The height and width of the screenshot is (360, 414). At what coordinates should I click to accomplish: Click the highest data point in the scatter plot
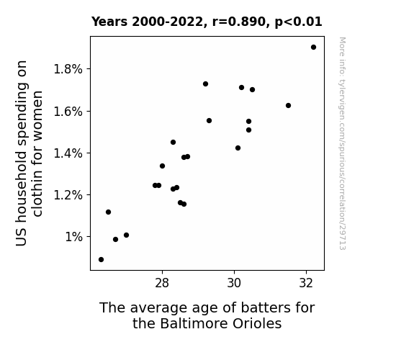click(313, 48)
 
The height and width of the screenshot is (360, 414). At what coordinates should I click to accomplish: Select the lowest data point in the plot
click(101, 260)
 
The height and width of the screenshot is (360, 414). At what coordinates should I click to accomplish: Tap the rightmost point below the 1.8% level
click(288, 105)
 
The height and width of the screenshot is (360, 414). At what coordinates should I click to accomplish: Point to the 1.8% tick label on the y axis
click(68, 69)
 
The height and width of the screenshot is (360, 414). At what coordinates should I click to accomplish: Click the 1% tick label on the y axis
click(74, 237)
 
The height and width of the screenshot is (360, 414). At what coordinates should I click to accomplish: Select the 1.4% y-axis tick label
click(68, 153)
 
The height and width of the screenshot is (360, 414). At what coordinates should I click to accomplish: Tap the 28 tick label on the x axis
click(162, 283)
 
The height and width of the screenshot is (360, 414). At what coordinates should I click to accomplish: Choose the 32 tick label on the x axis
click(306, 283)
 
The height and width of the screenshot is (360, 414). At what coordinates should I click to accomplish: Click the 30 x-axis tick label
click(234, 283)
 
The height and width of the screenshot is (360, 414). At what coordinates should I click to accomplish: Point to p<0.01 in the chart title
click(298, 22)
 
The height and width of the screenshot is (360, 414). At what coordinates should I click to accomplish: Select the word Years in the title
click(109, 22)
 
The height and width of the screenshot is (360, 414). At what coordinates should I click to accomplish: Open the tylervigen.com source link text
click(342, 143)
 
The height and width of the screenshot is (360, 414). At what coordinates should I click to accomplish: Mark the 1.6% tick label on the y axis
click(68, 112)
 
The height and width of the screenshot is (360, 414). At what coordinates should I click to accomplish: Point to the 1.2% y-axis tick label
click(68, 195)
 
